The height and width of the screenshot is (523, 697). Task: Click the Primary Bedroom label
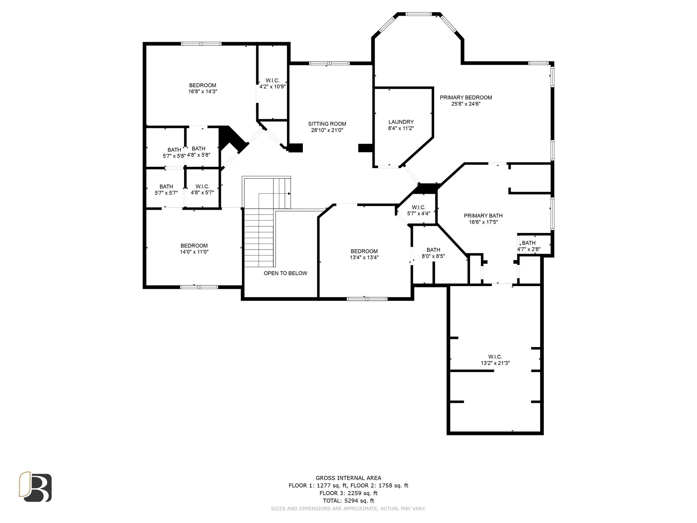click(466, 97)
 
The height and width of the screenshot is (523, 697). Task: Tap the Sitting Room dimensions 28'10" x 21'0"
click(327, 130)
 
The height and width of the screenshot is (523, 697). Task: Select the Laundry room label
click(401, 122)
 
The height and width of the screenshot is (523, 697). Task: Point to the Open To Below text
click(285, 273)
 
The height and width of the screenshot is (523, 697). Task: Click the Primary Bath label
click(483, 216)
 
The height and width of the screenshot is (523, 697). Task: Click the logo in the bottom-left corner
click(35, 487)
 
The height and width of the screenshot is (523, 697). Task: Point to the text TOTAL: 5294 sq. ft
click(348, 501)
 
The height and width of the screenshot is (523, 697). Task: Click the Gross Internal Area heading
click(348, 478)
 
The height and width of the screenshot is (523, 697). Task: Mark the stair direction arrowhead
click(289, 193)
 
